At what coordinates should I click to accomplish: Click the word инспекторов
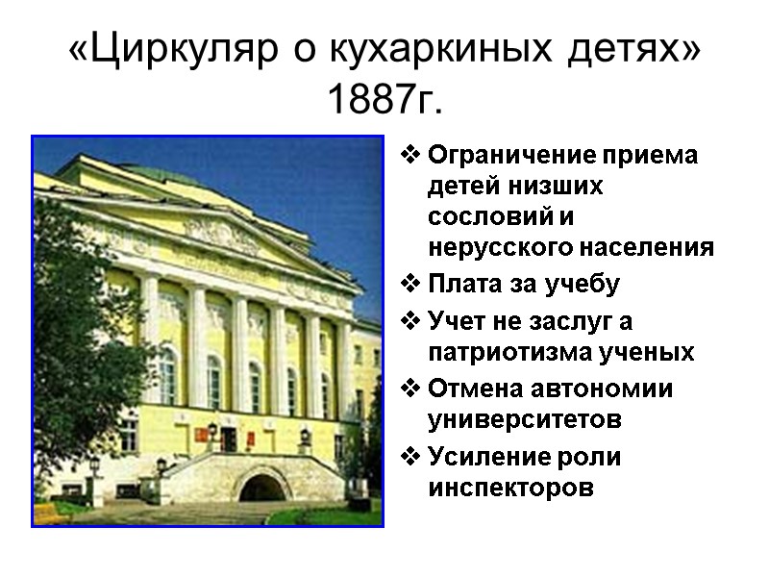click(x=510, y=488)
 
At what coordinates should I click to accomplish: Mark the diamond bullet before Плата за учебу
click(x=410, y=284)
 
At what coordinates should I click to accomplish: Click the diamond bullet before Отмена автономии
click(x=410, y=389)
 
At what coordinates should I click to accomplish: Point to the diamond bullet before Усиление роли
click(x=410, y=457)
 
